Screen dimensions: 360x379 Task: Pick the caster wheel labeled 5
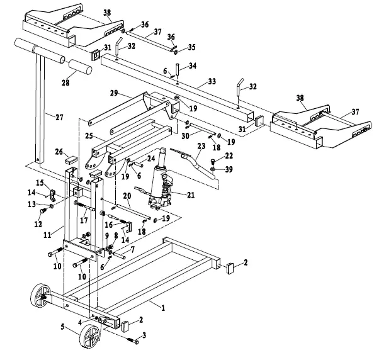91,337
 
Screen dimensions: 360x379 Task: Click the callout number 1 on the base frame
162,308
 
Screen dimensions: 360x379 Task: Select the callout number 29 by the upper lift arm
115,93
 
